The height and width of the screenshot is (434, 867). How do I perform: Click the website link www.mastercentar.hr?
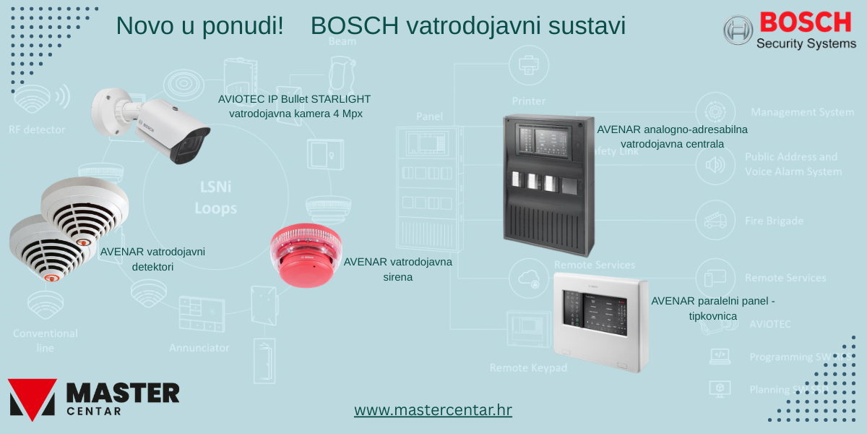pos(433,410)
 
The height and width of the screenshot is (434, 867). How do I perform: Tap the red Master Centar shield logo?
pos(32,399)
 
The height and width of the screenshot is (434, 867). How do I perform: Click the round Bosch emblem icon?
pos(738,30)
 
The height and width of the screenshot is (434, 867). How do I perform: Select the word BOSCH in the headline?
pos(354,26)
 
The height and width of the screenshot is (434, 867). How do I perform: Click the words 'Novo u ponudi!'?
pos(200,26)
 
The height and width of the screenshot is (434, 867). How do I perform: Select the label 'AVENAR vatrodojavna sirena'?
pos(398,268)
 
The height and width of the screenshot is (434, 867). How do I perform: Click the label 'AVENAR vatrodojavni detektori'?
pos(152,259)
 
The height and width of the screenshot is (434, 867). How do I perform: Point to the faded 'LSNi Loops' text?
pos(215,197)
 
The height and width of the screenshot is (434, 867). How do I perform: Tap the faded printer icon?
pos(528,64)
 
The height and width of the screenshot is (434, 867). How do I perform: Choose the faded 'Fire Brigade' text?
pos(774,221)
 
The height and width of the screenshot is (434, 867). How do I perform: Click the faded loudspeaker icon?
pos(715,166)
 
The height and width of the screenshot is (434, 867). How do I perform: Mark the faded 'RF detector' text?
pos(37,130)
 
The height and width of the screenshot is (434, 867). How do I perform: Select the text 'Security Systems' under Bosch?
pos(806,44)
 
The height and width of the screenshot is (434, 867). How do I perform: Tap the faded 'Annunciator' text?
pos(199,348)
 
